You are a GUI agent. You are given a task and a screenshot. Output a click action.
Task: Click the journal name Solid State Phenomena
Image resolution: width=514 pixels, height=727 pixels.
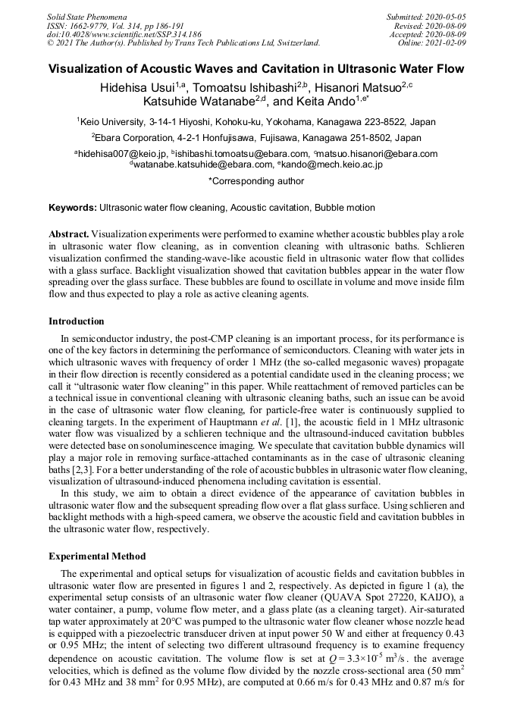point(86,16)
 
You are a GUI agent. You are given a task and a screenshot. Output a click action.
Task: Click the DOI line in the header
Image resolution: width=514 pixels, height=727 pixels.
point(124,34)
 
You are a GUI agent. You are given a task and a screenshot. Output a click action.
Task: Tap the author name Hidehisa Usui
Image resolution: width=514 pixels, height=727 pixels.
point(135,88)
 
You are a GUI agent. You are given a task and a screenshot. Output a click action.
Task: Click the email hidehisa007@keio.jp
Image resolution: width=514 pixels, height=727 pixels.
point(122,154)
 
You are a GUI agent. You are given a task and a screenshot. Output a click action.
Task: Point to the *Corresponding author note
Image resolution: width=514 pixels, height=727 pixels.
point(256,181)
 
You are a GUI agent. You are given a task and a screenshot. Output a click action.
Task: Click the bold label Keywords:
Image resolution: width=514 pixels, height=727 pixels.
point(73,208)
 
